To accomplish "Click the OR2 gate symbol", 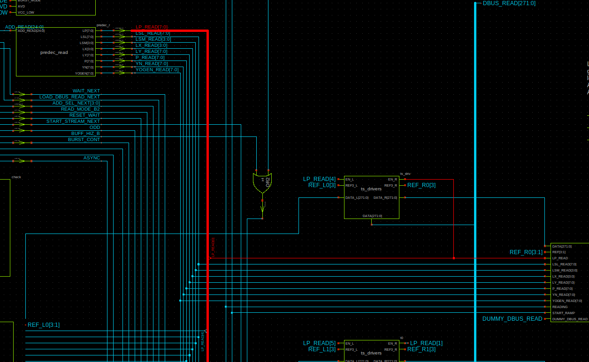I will (x=262, y=183).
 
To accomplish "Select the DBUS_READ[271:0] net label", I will (x=509, y=3).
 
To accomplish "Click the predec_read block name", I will (x=54, y=53).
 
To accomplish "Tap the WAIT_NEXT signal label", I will (x=86, y=91).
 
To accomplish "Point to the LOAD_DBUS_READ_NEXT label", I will (x=69, y=97).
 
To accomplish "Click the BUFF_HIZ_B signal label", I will (x=85, y=134).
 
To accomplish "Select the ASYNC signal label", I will (x=92, y=158).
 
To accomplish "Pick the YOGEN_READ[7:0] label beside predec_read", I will (x=157, y=70).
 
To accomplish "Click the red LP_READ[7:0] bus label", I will (x=151, y=27).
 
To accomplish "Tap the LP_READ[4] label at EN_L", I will (x=319, y=179).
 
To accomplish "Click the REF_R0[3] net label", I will (x=421, y=185).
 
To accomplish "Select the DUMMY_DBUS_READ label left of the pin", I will (x=512, y=319).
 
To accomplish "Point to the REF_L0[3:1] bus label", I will (x=43, y=324).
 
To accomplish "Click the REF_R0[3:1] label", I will (x=526, y=252).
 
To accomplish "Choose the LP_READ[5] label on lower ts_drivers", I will (x=319, y=343).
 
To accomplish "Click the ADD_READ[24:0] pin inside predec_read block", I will (x=31, y=31).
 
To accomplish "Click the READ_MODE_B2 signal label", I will (x=80, y=109).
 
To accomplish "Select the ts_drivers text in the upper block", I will (x=371, y=189).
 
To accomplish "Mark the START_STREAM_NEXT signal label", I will (x=73, y=121).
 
